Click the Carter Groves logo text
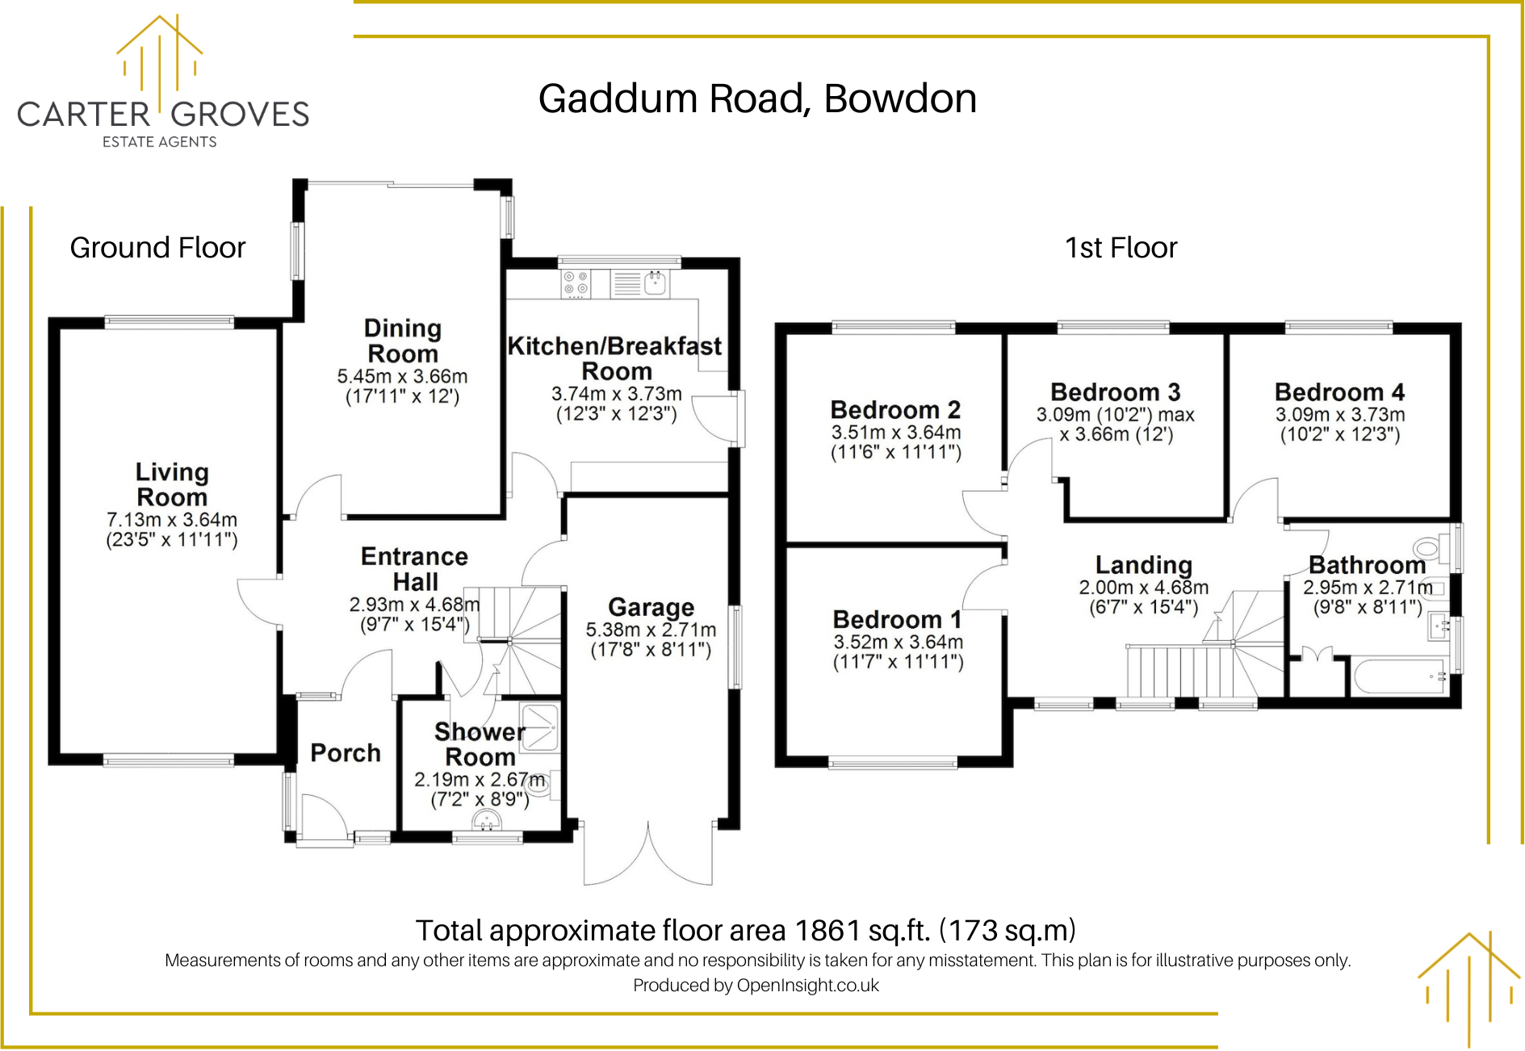pos(163,114)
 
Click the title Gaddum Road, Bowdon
pos(757,99)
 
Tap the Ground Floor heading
pos(157,248)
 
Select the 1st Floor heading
pos(1121,248)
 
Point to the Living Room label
pos(172,484)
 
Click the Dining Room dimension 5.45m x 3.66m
pos(402,376)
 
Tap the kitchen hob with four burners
pos(576,283)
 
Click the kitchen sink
pos(655,283)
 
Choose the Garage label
pos(651,607)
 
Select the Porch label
pos(346,753)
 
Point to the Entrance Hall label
pos(414,569)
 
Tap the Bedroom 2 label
pos(895,410)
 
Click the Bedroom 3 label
pos(1115,392)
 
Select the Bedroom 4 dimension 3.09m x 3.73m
pos(1340,415)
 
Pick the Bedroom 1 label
pos(897,620)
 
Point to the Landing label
pos(1143,565)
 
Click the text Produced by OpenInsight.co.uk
pos(756,986)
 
